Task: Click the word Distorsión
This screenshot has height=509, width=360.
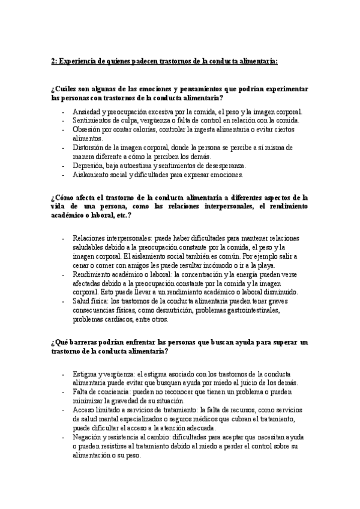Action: [x=88, y=147]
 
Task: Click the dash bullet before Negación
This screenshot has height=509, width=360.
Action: [x=64, y=438]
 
